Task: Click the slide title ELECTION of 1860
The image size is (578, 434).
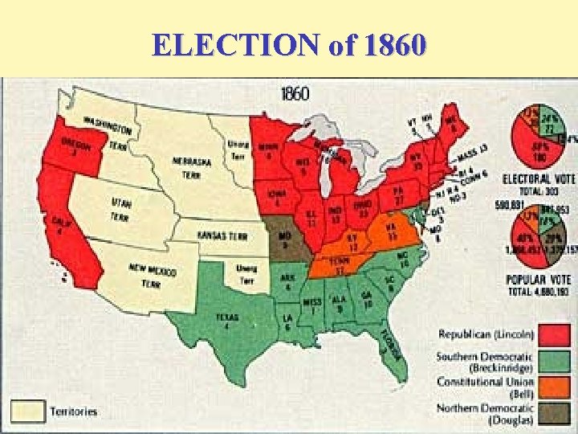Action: pyautogui.click(x=288, y=44)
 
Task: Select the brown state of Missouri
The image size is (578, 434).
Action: pyautogui.click(x=286, y=238)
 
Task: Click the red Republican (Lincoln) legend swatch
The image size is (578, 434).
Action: pyautogui.click(x=554, y=334)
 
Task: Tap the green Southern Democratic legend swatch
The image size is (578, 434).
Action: pyautogui.click(x=554, y=359)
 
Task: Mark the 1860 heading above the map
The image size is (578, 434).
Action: pyautogui.click(x=295, y=94)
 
